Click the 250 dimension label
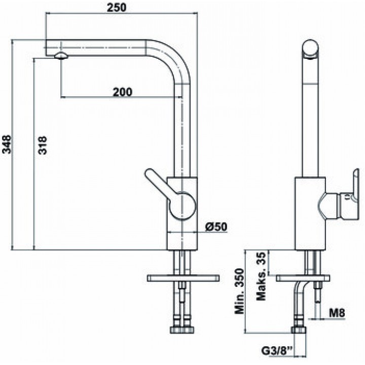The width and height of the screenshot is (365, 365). [x=117, y=7]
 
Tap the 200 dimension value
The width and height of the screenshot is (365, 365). [x=123, y=92]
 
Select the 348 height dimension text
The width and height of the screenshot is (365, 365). [x=7, y=144]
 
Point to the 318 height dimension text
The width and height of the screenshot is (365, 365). [x=43, y=145]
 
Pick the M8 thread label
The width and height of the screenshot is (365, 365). [x=337, y=313]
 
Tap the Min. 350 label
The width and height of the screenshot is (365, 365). [x=239, y=291]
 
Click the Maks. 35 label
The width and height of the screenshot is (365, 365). [x=261, y=276]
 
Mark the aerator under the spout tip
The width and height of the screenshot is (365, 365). [x=61, y=56]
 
